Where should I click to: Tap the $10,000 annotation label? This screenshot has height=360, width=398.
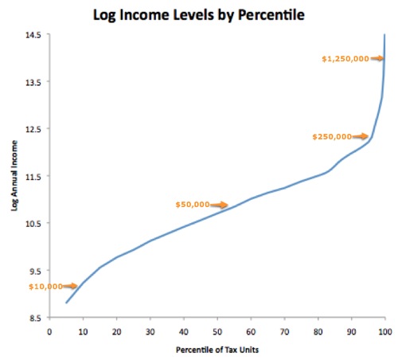coord(25,286)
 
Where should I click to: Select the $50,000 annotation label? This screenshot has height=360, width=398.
coord(193,205)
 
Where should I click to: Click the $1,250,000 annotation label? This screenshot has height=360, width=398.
coord(343,58)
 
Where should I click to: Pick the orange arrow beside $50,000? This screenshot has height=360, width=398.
coord(219,205)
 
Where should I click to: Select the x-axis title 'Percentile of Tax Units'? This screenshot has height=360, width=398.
coord(217,350)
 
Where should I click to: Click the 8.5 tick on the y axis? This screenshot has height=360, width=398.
coord(34,318)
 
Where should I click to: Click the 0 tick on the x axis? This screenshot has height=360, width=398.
coord(49,331)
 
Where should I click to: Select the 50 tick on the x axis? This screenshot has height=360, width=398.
coord(217,331)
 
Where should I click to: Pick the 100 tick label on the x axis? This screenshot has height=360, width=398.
coord(384,331)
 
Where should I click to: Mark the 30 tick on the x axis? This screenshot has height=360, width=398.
coord(150,331)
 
